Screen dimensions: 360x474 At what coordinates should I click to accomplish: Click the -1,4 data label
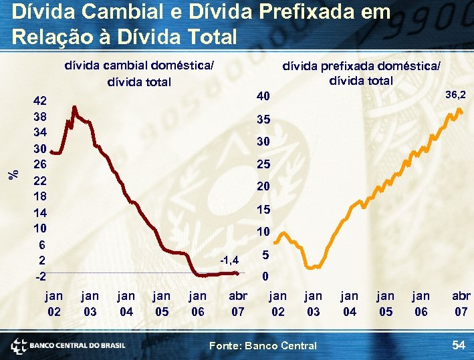(230, 259)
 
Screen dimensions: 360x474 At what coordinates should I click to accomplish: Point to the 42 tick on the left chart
(40, 102)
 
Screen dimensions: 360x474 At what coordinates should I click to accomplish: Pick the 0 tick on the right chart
(265, 276)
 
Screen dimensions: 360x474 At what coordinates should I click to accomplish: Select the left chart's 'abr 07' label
(237, 303)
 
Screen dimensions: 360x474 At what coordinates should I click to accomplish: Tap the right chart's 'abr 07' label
(461, 303)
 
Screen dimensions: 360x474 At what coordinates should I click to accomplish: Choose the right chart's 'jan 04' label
(349, 303)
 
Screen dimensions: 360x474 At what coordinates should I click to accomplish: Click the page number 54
(459, 345)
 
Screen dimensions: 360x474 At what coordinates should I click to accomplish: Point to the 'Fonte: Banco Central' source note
(263, 345)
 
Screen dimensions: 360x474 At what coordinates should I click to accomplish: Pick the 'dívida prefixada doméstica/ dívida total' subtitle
(362, 73)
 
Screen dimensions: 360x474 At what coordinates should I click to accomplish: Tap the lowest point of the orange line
(310, 266)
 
